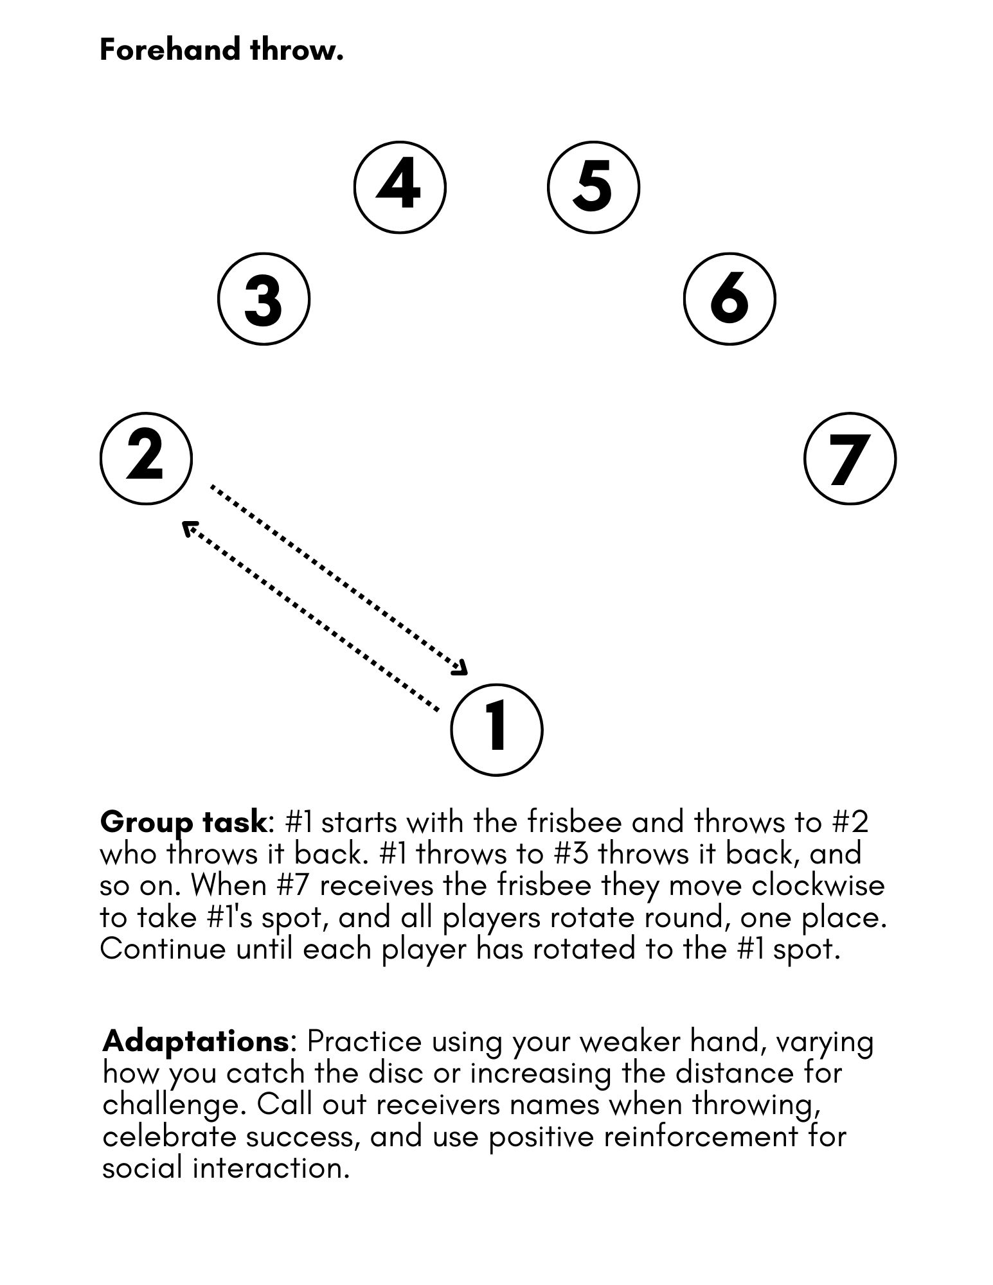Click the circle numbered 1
pyautogui.click(x=497, y=729)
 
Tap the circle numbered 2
pyautogui.click(x=146, y=458)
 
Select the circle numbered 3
pyautogui.click(x=264, y=299)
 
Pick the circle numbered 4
pyautogui.click(x=400, y=187)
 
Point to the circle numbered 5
pyautogui.click(x=593, y=187)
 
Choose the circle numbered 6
pyautogui.click(x=729, y=299)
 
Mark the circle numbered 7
pyautogui.click(x=850, y=458)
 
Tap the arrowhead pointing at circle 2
pyautogui.click(x=189, y=529)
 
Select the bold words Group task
pyautogui.click(x=183, y=822)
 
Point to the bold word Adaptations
pyautogui.click(x=195, y=1041)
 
